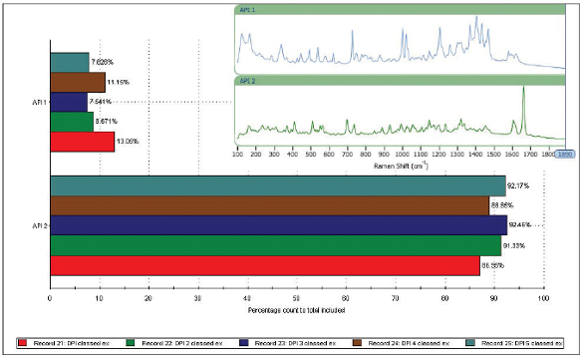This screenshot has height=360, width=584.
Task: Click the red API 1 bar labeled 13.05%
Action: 82,143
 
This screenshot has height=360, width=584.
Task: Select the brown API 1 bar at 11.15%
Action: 77,82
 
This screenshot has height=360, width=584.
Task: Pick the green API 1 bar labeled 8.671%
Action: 71,122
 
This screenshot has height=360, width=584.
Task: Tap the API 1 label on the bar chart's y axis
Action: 38,102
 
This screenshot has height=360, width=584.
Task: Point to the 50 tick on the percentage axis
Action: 296,296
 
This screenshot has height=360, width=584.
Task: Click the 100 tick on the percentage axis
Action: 543,296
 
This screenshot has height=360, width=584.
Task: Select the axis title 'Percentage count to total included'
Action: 296,310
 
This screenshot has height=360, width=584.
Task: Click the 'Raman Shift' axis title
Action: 403,166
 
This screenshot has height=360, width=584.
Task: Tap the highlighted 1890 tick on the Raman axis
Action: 565,155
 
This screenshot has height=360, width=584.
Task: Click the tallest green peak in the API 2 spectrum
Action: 524,95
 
